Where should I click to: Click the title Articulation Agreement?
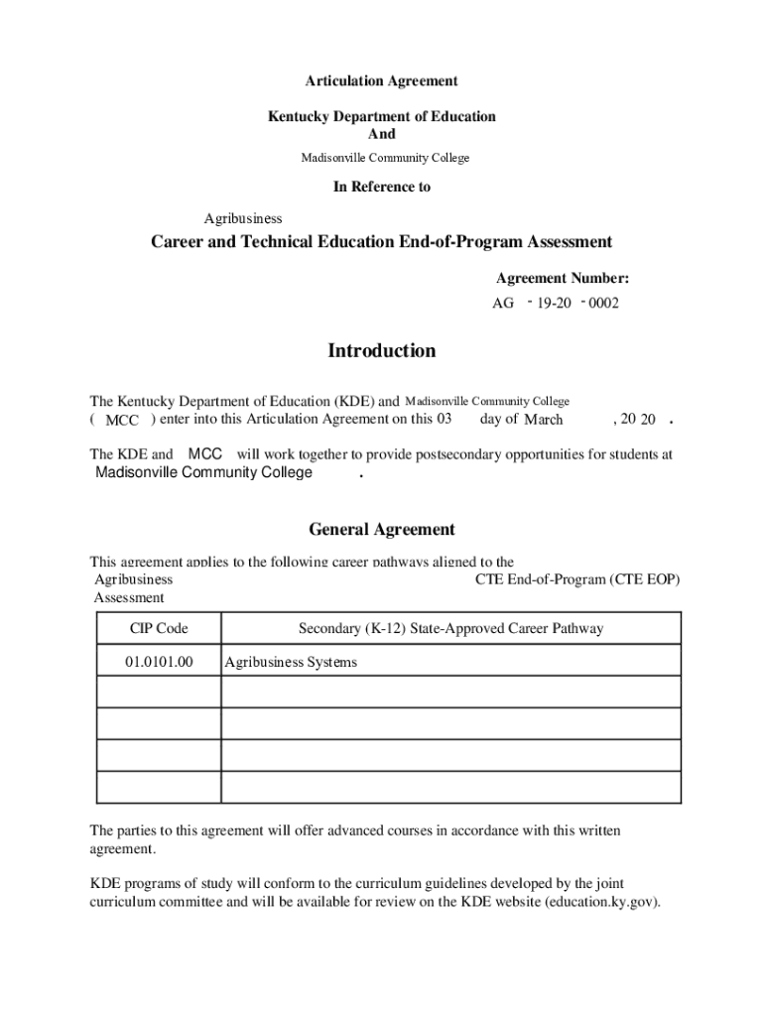pos(381,80)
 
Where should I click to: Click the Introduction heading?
pos(381,350)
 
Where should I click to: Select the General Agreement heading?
pos(381,529)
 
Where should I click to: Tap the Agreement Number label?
pos(562,279)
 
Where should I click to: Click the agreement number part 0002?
pos(602,304)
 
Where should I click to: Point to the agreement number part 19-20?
pos(554,304)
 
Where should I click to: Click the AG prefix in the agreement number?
pos(503,304)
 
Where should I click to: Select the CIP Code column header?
pos(159,628)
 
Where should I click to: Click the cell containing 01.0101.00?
pos(159,661)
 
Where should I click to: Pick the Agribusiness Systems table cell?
pos(291,662)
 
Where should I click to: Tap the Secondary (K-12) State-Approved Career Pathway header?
pos(450,628)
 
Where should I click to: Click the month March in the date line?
pos(543,420)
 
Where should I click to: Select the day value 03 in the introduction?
pos(444,419)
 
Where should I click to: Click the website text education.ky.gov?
pos(601,902)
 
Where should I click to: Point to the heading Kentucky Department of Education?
pos(381,116)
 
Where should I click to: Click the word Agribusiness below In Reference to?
pos(243,218)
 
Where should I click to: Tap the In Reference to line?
pos(381,187)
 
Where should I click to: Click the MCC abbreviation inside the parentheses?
pos(122,421)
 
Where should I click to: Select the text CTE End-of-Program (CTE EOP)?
pos(577,579)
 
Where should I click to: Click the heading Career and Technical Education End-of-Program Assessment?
pos(381,242)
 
